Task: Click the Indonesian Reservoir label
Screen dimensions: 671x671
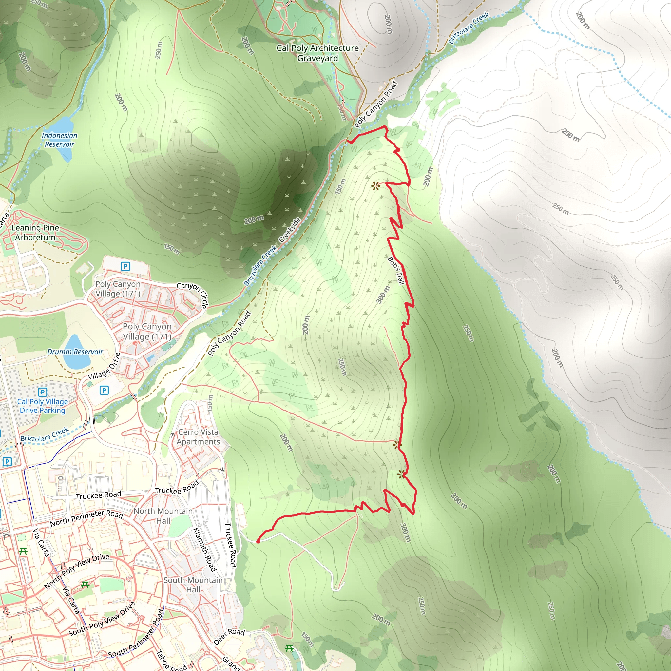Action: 59,140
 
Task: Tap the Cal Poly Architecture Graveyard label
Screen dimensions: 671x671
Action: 317,53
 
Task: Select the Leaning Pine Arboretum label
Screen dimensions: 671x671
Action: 35,232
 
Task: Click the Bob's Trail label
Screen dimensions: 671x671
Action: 396,271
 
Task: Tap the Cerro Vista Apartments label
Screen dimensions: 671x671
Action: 198,437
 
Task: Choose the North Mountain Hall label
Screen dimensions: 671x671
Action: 163,516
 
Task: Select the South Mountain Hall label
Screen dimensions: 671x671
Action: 193,585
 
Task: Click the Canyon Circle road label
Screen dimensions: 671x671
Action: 192,294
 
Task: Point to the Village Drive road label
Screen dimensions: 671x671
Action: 104,366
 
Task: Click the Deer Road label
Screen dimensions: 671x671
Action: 229,637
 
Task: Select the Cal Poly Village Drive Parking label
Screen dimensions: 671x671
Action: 42,406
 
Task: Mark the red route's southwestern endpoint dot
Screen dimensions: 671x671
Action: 258,542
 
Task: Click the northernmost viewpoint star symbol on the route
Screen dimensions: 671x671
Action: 375,186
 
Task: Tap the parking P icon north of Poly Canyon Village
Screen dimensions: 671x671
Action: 125,266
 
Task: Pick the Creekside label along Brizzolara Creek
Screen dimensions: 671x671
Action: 290,230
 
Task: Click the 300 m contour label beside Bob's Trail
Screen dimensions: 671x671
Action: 383,295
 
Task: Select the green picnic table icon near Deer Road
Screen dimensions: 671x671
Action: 289,648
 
